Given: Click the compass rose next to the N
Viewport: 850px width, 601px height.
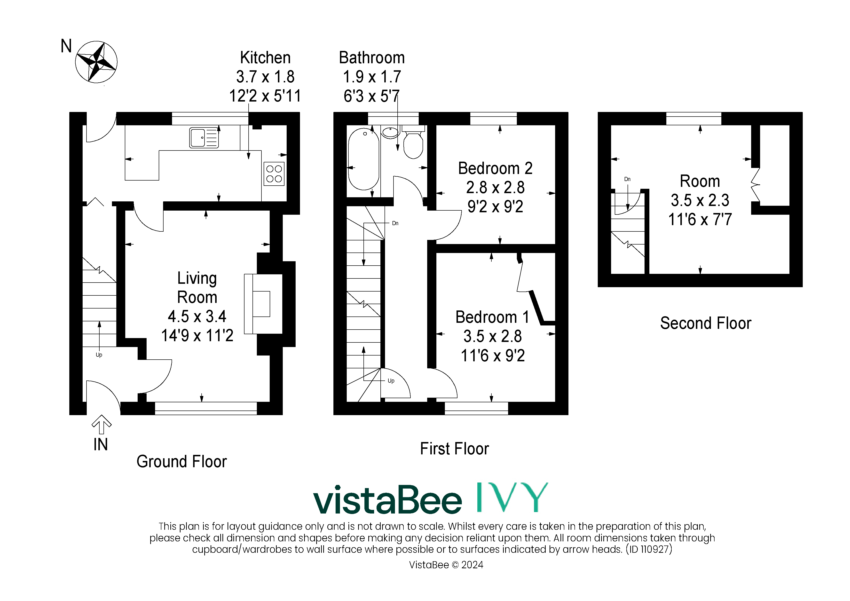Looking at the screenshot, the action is [96, 62].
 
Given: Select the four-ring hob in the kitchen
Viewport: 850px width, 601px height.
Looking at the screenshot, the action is [274, 174].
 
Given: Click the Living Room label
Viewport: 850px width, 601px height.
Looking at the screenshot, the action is [197, 288].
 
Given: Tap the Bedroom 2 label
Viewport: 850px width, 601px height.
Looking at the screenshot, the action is [495, 168].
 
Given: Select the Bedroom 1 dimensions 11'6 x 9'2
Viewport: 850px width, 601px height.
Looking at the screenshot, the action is [493, 356].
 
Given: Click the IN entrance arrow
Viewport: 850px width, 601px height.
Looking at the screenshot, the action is [102, 424].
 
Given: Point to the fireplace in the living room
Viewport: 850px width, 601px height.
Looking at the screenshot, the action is [263, 304].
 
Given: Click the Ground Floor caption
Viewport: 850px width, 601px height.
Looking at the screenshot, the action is [181, 462].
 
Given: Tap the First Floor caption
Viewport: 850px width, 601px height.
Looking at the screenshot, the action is [454, 449].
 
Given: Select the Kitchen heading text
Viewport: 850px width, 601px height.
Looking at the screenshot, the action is [265, 58].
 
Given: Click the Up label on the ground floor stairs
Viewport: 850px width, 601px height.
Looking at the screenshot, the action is [99, 355].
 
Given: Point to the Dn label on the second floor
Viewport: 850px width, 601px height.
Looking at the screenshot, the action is [627, 179].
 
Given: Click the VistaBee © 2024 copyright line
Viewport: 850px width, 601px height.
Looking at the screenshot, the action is [446, 565].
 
